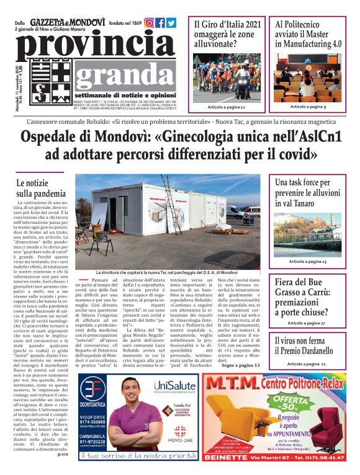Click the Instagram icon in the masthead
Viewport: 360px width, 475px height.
[x=149, y=23]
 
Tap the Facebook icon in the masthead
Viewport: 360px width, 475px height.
[x=160, y=23]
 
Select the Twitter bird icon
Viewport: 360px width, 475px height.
[x=171, y=23]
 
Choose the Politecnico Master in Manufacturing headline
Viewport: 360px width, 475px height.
[x=308, y=34]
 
